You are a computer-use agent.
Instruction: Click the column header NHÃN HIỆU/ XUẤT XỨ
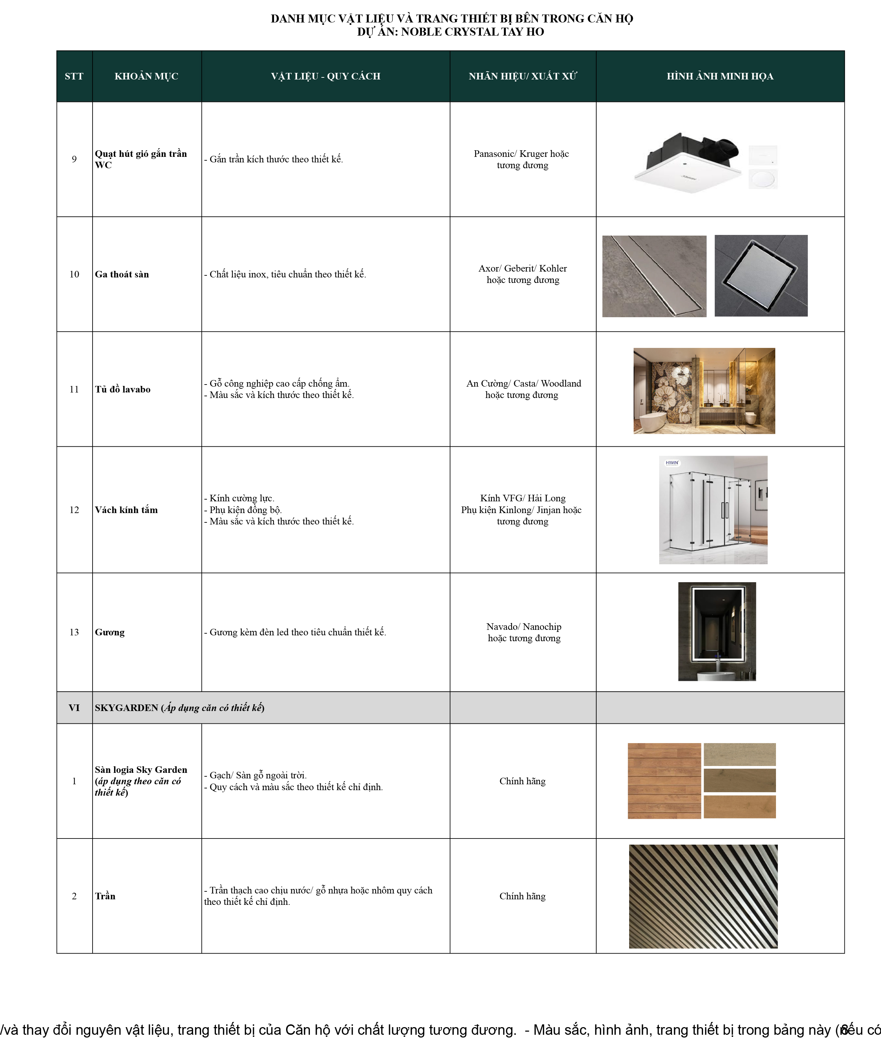click(522, 76)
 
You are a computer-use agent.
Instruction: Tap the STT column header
click(74, 76)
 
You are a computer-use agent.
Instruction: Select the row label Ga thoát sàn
click(122, 274)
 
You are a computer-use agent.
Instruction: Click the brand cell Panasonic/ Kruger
click(521, 154)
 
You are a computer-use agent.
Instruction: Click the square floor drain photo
click(761, 275)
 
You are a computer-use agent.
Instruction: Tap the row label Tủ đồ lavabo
click(122, 389)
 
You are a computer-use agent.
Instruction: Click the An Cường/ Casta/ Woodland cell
click(523, 389)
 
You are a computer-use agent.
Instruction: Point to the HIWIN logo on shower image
click(672, 463)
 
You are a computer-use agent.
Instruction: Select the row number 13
click(74, 632)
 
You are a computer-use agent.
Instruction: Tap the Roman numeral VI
click(74, 707)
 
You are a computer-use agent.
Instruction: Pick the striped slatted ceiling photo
click(703, 896)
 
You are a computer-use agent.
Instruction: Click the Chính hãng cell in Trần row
click(522, 896)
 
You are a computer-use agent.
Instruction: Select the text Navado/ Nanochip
click(523, 626)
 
